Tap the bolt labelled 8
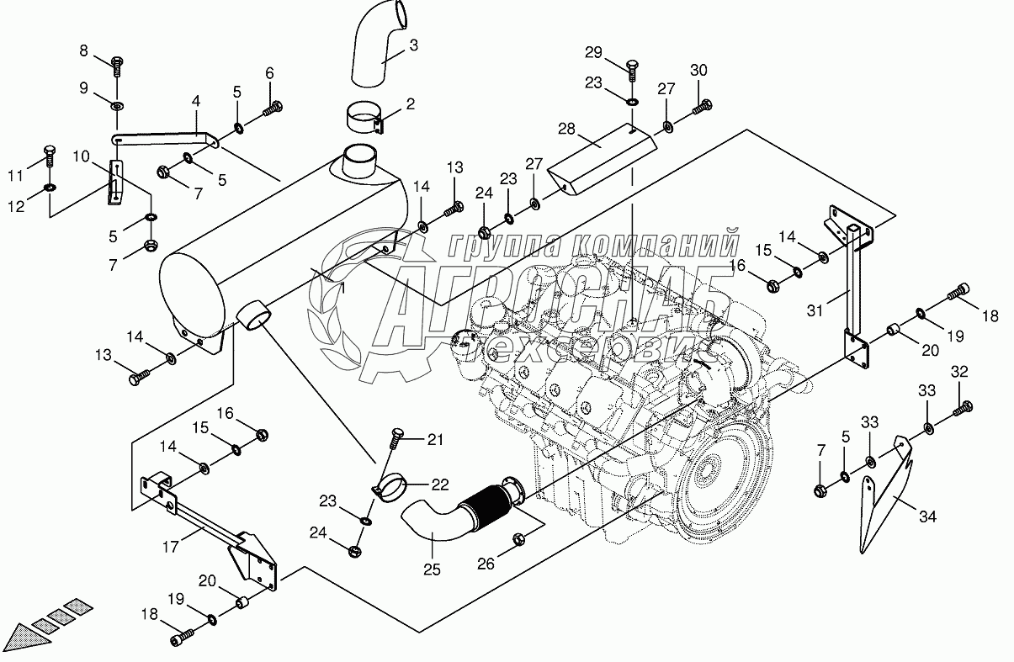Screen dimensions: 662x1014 coord(116,61)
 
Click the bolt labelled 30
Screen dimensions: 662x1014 coord(703,108)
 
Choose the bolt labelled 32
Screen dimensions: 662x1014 coord(963,410)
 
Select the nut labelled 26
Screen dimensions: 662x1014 coord(519,538)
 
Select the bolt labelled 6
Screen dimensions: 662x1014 coord(273,107)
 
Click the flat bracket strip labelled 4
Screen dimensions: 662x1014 coord(164,137)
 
